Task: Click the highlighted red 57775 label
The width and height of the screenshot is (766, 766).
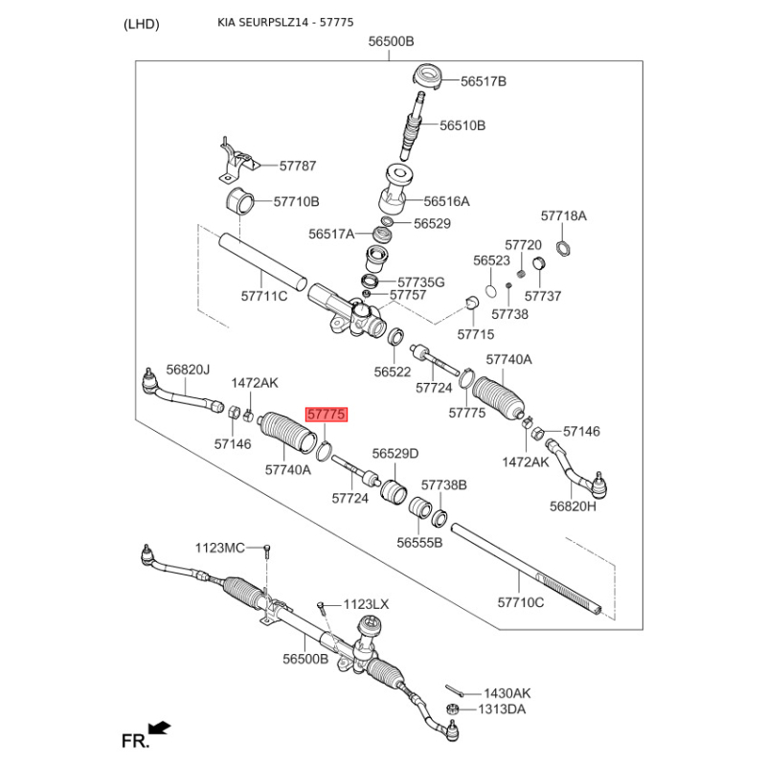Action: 327,415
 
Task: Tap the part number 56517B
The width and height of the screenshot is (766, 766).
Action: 484,81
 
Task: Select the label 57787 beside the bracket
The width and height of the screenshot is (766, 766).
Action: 298,166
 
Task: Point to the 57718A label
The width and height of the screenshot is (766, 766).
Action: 563,216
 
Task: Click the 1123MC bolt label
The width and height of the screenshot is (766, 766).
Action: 220,548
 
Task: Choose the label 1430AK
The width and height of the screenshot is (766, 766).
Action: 507,693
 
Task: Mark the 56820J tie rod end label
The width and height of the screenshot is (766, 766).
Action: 188,370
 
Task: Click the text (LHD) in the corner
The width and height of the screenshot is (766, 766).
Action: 141,24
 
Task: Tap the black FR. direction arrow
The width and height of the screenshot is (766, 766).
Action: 159,729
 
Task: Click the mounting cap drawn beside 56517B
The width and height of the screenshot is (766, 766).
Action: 428,77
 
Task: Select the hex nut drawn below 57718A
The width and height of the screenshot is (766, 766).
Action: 564,248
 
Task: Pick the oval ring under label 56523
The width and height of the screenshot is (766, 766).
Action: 491,291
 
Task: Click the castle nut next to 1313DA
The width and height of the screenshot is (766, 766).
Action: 452,709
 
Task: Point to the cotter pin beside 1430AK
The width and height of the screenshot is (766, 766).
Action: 454,690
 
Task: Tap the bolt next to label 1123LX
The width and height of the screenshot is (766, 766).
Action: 321,607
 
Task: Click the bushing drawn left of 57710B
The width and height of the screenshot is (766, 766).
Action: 240,200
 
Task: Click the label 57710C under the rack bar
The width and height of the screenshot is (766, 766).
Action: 520,602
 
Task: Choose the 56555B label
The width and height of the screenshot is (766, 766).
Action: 419,543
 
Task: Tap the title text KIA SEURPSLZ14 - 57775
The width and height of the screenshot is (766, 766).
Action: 285,22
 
